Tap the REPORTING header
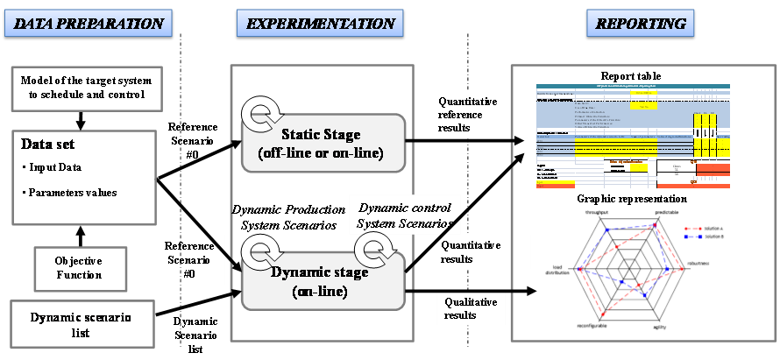tap(642, 23)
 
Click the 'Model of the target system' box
tap(81, 88)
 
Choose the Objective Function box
tap(81, 267)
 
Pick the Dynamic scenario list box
tap(81, 322)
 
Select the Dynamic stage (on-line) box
tap(322, 280)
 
